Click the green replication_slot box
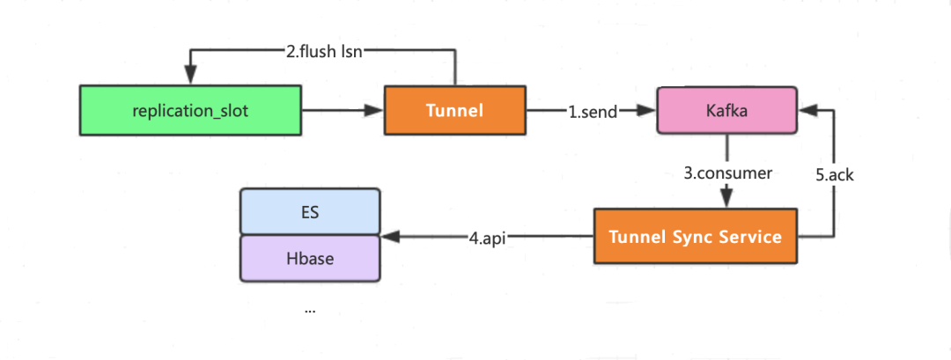189,110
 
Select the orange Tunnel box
454,110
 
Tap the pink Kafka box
726,110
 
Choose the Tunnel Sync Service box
695,237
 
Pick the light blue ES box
310,211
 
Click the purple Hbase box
310,259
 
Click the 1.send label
592,111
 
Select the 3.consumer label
728,173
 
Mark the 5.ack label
834,174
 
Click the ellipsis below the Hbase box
310,309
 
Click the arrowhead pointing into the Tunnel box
377,110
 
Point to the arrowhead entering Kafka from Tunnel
650,110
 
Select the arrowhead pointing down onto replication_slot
189,77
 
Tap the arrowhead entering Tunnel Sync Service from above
726,202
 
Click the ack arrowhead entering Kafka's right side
806,110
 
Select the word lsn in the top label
351,51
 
